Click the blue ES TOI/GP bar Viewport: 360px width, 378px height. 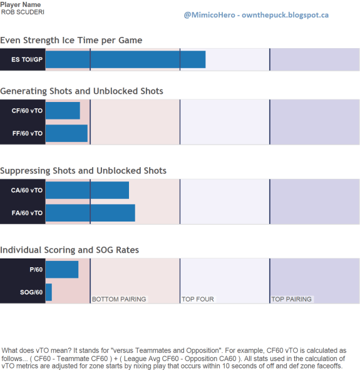[x=125, y=59]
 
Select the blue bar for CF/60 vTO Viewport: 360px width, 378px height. [x=63, y=110]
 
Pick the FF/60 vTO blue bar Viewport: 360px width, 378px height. [x=66, y=133]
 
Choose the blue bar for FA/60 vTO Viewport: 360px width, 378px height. [x=90, y=213]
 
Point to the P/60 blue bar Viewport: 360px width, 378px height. [x=62, y=270]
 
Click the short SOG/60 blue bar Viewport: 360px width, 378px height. [x=49, y=292]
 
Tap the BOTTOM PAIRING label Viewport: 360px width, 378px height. [x=119, y=299]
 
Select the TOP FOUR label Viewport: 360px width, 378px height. [x=198, y=299]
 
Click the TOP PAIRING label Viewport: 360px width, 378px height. [x=292, y=299]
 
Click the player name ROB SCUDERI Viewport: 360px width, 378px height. [x=23, y=12]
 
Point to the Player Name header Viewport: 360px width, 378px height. [x=21, y=4]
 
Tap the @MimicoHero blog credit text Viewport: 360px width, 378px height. [x=256, y=15]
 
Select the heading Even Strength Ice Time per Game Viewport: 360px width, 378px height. [x=71, y=40]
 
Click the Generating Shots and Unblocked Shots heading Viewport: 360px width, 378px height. [x=81, y=91]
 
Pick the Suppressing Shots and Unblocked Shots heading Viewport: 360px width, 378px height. [x=83, y=171]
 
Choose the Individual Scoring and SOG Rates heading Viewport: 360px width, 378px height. [x=69, y=250]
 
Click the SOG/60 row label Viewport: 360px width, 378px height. [x=31, y=292]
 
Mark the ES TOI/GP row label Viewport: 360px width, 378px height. [x=27, y=59]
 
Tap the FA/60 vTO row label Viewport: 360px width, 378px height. [x=28, y=213]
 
